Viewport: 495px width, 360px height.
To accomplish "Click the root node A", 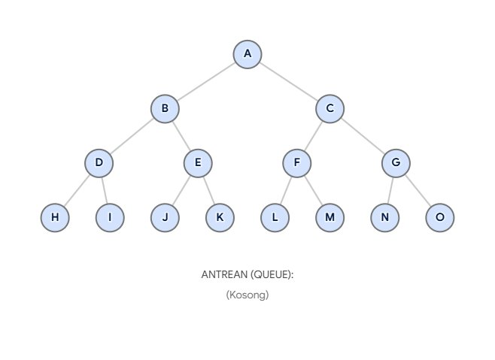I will (x=247, y=54).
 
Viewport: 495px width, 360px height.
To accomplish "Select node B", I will (x=165, y=109).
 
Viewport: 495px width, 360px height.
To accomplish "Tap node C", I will (x=329, y=109).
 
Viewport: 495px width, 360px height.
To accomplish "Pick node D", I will (x=99, y=163).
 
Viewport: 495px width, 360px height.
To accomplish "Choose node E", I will (x=198, y=163).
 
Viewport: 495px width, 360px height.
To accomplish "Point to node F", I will (x=297, y=163).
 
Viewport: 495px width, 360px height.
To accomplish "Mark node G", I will (x=396, y=163).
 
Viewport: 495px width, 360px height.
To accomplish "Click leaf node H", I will (x=55, y=218).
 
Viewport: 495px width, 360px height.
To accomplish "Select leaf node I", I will (x=110, y=218).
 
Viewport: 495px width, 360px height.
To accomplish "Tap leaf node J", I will (x=165, y=218).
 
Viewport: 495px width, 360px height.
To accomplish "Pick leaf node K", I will (x=220, y=218).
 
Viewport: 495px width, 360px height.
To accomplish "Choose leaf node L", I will (x=275, y=218).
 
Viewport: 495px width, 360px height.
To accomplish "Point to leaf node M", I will (x=329, y=218).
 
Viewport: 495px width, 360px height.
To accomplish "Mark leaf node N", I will (x=384, y=218).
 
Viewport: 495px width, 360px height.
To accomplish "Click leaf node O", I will (x=440, y=218).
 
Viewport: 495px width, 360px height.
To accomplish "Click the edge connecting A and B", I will (x=206, y=81).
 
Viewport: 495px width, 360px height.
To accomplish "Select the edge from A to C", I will (x=289, y=81).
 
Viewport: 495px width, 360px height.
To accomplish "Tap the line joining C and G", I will (x=363, y=136).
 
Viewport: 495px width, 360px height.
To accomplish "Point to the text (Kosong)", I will (x=247, y=295).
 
